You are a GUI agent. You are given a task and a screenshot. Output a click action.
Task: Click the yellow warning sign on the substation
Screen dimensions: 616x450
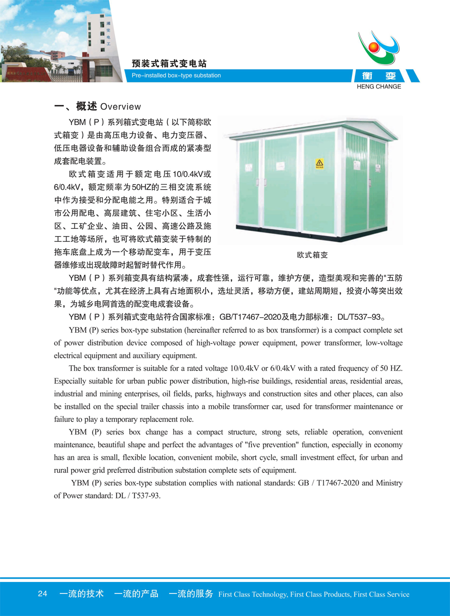319,164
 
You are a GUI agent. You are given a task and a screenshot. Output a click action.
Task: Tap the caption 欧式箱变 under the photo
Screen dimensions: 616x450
312,255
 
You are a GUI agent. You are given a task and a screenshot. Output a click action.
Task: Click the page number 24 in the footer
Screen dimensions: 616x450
42,594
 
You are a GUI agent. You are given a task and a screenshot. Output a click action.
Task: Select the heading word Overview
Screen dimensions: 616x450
120,107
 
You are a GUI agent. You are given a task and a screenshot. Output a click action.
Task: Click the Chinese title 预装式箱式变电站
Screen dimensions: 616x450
169,64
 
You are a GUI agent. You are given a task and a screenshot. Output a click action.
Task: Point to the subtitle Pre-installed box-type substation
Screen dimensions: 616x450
176,76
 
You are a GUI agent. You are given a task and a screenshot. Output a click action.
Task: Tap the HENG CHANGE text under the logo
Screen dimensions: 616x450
379,87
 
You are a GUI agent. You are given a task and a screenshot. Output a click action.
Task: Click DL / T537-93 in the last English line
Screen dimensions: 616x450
141,496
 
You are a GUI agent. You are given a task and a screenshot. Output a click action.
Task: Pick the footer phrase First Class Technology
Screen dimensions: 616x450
252,594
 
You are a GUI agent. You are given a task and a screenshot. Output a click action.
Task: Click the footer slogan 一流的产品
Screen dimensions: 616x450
136,594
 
